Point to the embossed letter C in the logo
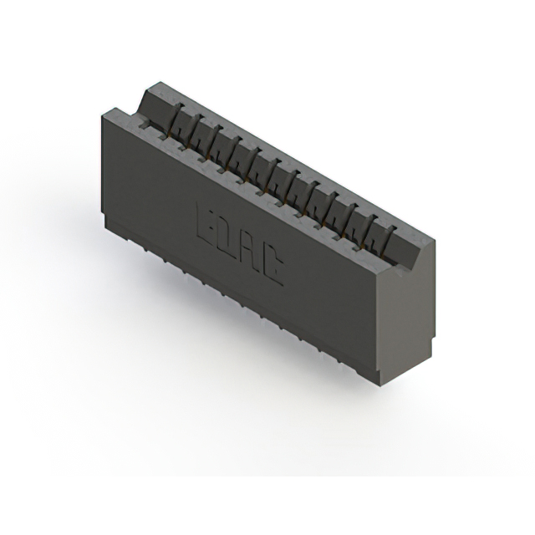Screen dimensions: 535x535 tap(272, 266)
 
